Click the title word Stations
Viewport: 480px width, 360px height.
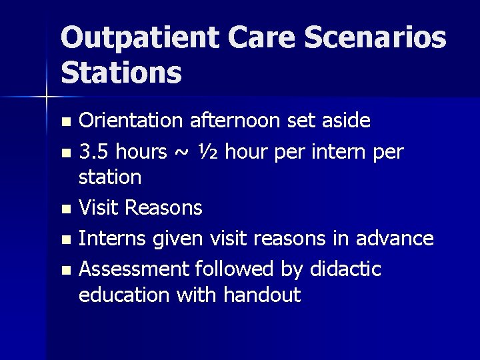click(x=121, y=73)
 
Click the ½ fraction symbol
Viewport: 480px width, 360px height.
click(x=205, y=151)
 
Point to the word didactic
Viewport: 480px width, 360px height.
click(x=345, y=269)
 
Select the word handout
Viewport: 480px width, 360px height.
click(x=264, y=295)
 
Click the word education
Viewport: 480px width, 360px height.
click(x=125, y=295)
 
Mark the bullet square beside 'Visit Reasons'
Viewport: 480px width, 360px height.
click(x=65, y=209)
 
